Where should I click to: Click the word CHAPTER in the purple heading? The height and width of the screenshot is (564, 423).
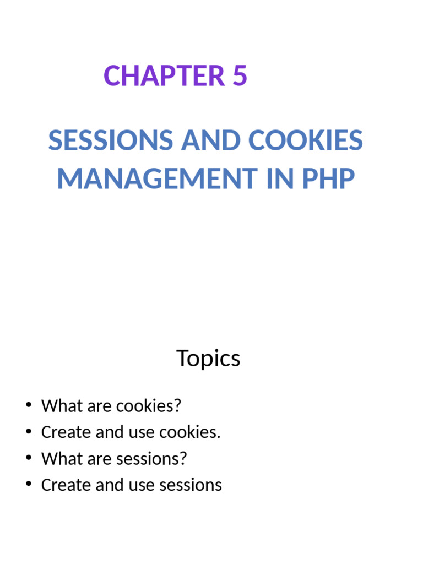[164, 77]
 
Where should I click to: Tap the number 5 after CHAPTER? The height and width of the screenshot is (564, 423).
[239, 77]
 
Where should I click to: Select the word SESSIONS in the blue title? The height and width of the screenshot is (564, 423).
[110, 141]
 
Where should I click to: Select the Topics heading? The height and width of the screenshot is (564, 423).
[208, 359]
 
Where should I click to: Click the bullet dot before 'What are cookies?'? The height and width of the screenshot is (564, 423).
[28, 406]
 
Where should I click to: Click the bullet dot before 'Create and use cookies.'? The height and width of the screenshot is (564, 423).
[28, 432]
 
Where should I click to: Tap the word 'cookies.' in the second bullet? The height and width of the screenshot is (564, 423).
[189, 432]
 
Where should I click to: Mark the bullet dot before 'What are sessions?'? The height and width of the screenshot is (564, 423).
[28, 459]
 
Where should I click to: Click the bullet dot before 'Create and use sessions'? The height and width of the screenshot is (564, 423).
[28, 485]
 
